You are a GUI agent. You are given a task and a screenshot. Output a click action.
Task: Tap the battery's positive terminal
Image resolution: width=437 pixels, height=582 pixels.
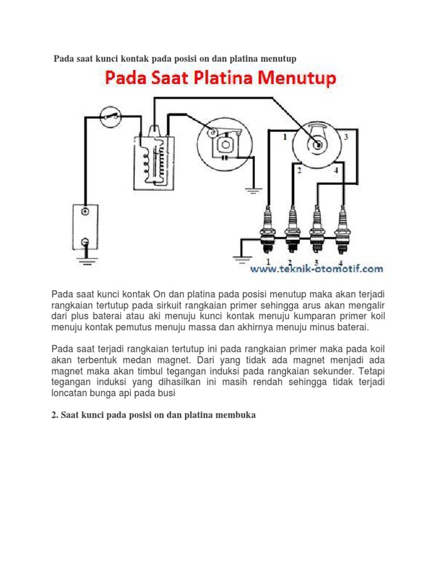click(85, 211)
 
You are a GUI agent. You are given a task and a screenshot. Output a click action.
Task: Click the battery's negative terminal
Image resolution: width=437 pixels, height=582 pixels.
click(85, 242)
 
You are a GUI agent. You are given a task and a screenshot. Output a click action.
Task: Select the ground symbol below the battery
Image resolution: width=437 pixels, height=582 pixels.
click(87, 260)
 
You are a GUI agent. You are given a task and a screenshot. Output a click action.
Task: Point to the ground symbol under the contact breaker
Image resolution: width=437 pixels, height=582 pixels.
click(253, 191)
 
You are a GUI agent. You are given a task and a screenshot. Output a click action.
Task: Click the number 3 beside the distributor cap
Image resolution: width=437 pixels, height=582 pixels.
click(347, 136)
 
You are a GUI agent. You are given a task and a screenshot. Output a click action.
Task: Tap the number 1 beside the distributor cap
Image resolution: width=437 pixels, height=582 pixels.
click(285, 137)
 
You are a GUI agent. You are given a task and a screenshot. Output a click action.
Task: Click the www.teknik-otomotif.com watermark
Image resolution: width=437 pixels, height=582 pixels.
click(316, 268)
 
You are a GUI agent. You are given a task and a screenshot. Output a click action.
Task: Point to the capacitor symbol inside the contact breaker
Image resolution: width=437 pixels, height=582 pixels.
click(224, 157)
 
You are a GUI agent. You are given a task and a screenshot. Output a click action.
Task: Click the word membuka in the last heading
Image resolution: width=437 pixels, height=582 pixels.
click(237, 415)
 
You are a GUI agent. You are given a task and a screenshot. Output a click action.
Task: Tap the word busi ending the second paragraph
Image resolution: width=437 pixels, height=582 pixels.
click(166, 393)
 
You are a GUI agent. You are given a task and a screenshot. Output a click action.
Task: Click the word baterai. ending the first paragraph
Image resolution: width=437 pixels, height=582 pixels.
click(353, 327)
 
